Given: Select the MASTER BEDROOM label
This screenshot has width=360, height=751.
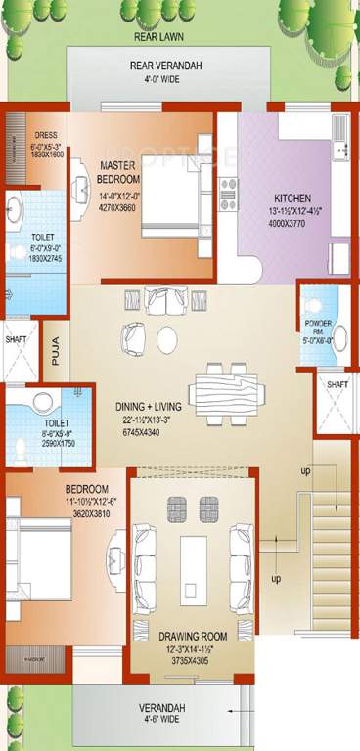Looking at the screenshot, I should [x=118, y=173].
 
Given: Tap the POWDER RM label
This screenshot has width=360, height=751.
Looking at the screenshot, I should [x=318, y=331].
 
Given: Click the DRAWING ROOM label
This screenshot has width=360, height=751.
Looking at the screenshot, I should [x=193, y=636].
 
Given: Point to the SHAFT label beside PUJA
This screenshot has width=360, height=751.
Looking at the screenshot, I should [x=17, y=340].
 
